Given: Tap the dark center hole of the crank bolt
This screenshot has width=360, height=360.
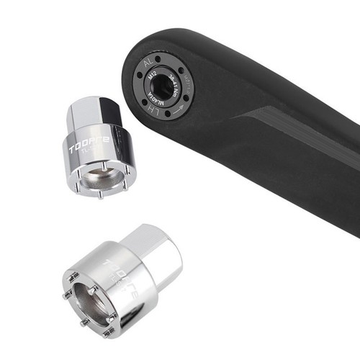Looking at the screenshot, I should point(163,87).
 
